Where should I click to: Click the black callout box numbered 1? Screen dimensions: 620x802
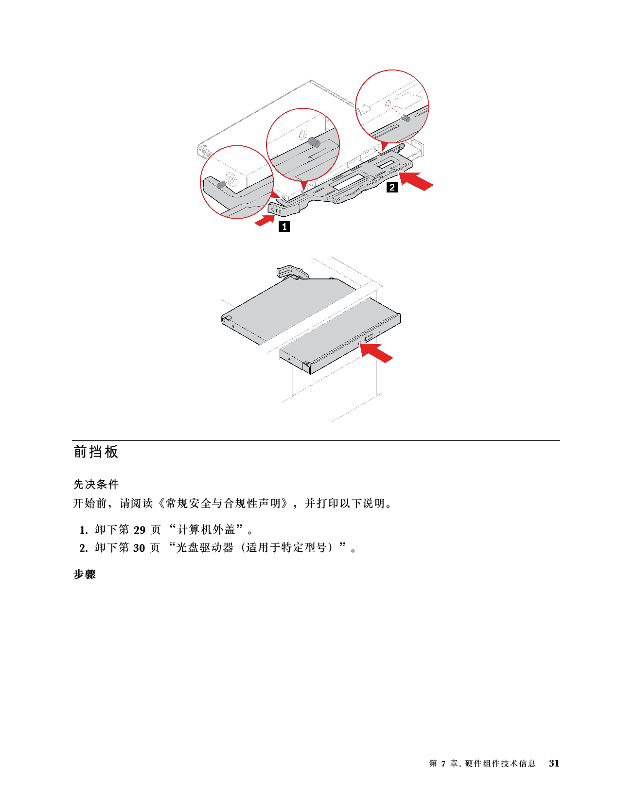click(284, 226)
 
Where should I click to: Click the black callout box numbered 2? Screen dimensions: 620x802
click(392, 187)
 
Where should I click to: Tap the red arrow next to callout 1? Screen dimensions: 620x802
click(265, 221)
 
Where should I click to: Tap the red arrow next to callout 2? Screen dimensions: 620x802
click(416, 180)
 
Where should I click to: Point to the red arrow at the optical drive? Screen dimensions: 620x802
click(376, 352)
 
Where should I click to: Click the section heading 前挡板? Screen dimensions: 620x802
click(96, 452)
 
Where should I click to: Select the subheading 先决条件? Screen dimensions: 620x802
click(96, 484)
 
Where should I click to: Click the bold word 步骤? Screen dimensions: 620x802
click(84, 575)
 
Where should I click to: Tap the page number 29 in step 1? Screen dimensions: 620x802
click(140, 530)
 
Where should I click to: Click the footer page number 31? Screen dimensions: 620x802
click(554, 763)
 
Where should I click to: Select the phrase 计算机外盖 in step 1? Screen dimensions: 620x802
click(206, 530)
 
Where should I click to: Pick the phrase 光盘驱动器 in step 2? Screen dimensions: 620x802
click(205, 548)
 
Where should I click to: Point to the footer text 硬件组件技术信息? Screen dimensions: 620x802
click(500, 763)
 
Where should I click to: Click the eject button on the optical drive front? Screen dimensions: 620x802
click(369, 338)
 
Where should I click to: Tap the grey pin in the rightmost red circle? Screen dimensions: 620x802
click(406, 118)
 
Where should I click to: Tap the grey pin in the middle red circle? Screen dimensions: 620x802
click(315, 142)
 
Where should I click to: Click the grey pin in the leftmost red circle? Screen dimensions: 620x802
click(221, 184)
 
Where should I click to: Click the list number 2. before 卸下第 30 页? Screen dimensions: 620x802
click(84, 548)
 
